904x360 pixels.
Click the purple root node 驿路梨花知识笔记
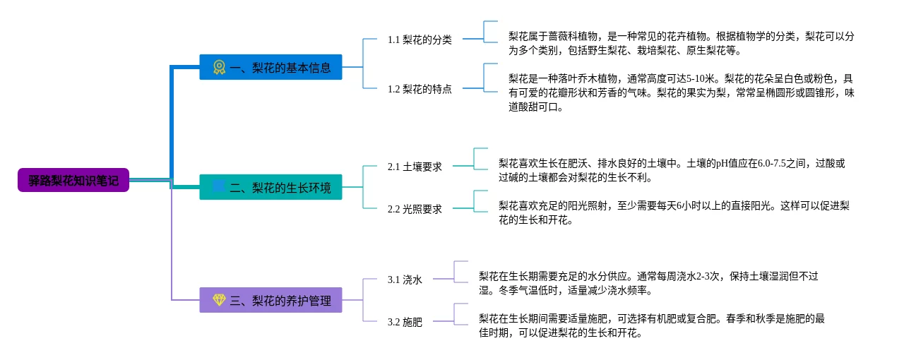pos(73,180)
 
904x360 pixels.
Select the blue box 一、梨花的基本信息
pos(270,67)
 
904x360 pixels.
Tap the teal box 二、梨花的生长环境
pos(270,187)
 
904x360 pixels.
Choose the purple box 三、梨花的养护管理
pos(270,300)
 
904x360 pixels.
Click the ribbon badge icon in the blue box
pos(219,67)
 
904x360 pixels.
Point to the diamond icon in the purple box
pos(219,300)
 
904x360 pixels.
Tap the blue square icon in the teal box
pos(219,186)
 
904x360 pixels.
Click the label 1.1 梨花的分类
pos(420,40)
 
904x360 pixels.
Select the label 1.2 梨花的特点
pos(420,89)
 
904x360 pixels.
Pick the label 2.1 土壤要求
pos(415,167)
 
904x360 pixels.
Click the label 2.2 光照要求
pos(415,209)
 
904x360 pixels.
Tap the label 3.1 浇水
pos(405,280)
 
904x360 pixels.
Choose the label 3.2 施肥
pos(405,322)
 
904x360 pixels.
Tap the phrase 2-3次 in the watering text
pos(708,276)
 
